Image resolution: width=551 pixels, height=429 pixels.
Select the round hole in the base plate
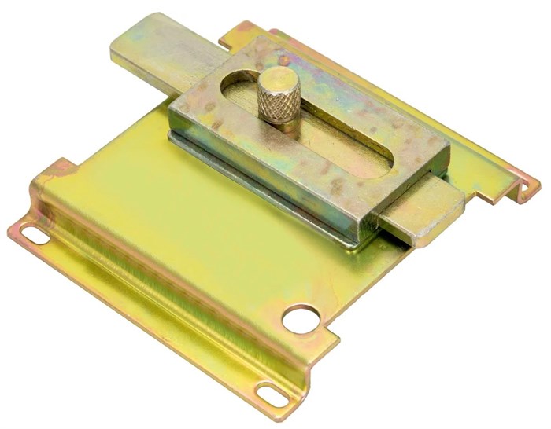pos(300,318)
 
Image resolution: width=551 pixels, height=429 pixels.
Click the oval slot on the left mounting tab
pos(33,233)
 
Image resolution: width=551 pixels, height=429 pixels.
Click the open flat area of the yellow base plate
pos(181,204)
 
